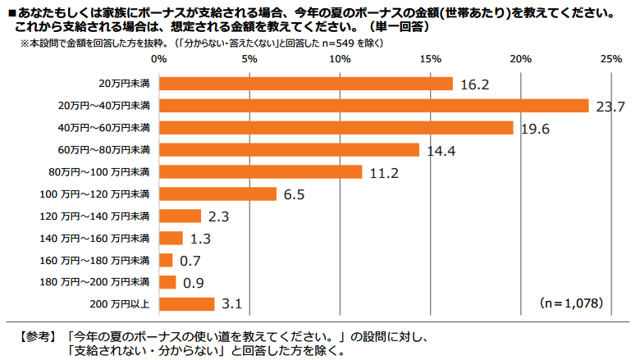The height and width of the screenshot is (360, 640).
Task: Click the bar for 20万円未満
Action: (x=305, y=84)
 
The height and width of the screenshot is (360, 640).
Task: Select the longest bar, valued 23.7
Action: (x=373, y=106)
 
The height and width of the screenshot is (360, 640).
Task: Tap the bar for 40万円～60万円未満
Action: (x=336, y=128)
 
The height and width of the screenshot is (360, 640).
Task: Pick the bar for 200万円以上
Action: (x=186, y=304)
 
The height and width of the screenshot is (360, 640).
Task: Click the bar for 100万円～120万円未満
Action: (x=217, y=194)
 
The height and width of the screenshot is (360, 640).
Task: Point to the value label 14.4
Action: (x=440, y=151)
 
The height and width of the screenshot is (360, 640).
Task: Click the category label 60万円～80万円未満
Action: (x=103, y=150)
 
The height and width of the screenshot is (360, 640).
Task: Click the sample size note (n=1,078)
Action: (x=572, y=303)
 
